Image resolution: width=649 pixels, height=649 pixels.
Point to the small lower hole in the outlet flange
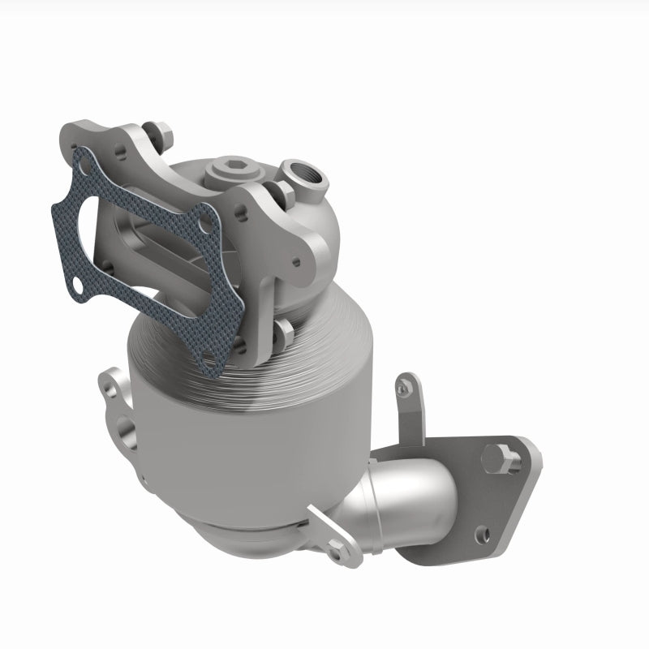[x=484, y=533]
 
